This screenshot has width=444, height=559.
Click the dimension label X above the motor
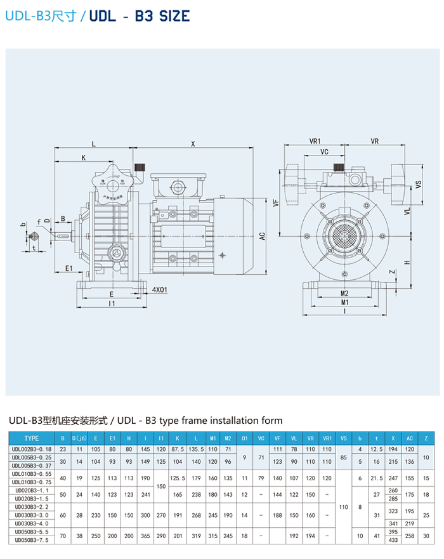[193, 144]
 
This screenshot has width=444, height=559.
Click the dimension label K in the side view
[83, 157]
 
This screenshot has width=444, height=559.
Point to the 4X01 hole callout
[159, 289]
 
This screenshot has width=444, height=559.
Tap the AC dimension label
[261, 235]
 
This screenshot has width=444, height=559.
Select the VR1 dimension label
[316, 141]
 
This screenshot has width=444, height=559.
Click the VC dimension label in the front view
[324, 152]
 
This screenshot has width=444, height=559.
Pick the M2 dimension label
[344, 293]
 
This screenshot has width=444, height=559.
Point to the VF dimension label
[276, 203]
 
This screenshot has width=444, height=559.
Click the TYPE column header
[32, 438]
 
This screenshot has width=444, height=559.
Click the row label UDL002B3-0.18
[32, 449]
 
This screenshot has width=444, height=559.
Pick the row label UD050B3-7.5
[32, 539]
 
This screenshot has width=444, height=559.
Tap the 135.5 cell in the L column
[196, 449]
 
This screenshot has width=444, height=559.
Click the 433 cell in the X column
[393, 539]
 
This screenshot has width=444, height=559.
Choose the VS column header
[344, 438]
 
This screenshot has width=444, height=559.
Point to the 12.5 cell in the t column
[376, 449]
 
